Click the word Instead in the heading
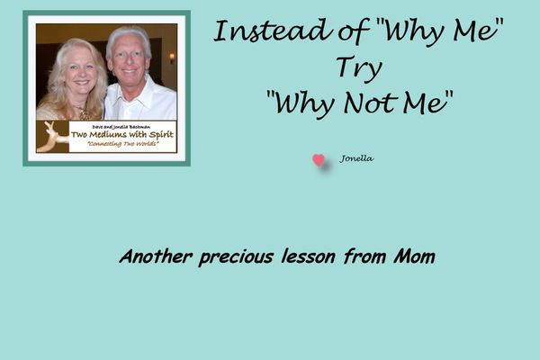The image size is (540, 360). pos(273,31)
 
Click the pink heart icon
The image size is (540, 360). pos(319,160)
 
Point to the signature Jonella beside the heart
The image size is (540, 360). pos(356,158)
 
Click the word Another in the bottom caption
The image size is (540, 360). pos(156,256)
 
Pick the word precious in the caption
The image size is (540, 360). pos(236,257)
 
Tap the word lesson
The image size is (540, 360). pos(308,256)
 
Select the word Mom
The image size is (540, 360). pos(415,256)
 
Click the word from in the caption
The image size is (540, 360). pos(364,256)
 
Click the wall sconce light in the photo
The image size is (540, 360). pos(172,58)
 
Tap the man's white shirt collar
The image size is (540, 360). pos(138,91)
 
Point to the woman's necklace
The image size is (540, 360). pos(83,112)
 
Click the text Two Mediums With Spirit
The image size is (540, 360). pos(122,134)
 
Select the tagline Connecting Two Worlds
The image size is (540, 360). pos(123,144)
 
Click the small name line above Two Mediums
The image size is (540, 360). pos(121,127)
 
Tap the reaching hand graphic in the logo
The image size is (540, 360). pos(53,137)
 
